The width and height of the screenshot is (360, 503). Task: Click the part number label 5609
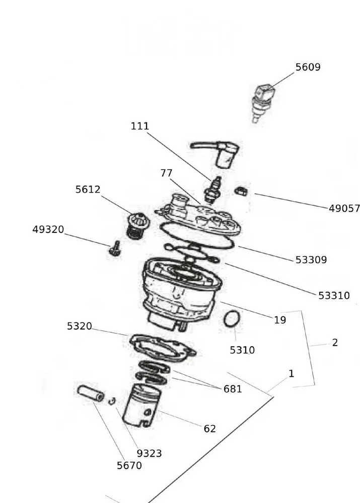(x=308, y=67)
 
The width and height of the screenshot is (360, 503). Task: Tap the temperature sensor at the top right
(x=262, y=104)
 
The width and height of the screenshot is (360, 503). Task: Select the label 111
(x=140, y=126)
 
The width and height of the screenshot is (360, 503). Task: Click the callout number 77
(x=167, y=173)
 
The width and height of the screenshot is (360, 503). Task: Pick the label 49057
(x=344, y=208)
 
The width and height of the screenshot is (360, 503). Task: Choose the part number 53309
(x=311, y=260)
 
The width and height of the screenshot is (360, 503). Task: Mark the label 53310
(x=334, y=296)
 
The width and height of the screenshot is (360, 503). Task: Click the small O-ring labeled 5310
(x=232, y=319)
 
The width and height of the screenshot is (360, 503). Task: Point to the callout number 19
(x=280, y=320)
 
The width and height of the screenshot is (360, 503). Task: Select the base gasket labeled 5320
(x=162, y=347)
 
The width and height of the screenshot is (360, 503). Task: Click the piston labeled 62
(x=142, y=405)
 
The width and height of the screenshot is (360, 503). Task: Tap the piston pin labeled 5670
(x=91, y=393)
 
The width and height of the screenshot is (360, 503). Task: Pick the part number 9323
(x=149, y=453)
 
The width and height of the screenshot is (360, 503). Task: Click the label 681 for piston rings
(x=233, y=389)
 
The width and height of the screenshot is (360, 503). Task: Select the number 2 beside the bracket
(x=335, y=343)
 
